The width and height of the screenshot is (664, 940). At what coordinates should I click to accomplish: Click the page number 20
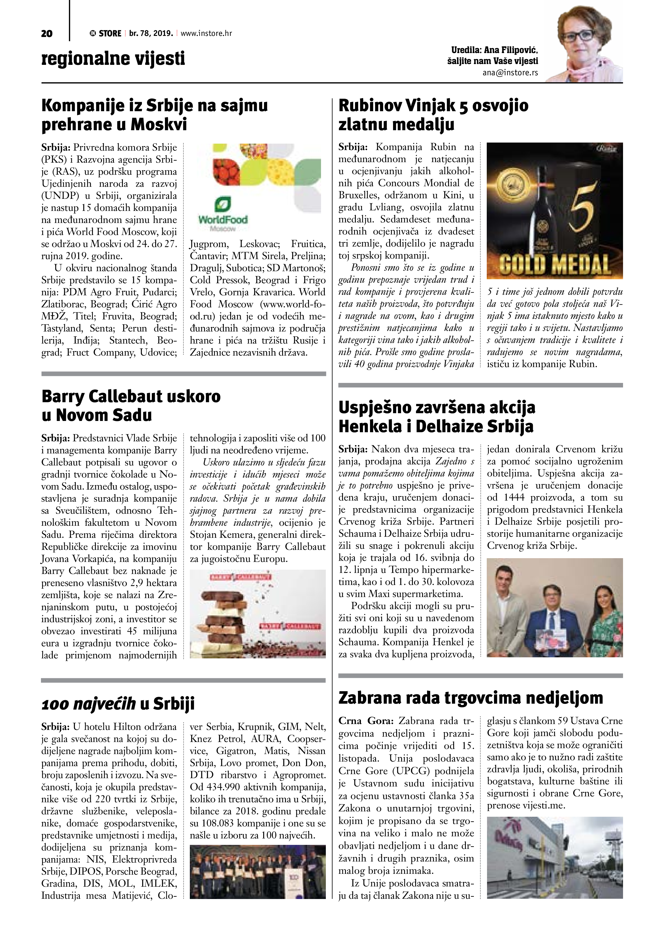[47, 33]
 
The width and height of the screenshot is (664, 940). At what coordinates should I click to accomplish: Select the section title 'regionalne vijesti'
[113, 58]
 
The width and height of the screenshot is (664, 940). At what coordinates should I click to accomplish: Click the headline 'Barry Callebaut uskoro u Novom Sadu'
[131, 405]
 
